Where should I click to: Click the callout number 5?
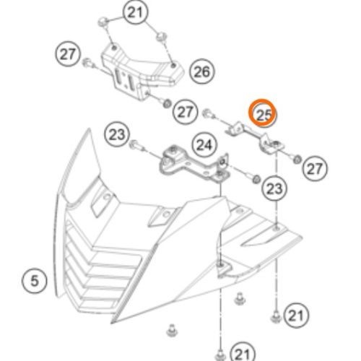point(34,281)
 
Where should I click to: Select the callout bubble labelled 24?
point(204,145)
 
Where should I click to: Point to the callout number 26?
point(201,71)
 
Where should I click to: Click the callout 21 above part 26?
point(135,12)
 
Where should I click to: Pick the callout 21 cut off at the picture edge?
point(243,353)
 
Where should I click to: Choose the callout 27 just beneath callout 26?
point(186,112)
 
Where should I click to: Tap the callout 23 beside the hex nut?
point(274,188)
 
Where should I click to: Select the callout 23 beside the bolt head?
point(117,134)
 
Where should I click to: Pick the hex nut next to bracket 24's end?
point(256,179)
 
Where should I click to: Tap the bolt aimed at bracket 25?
point(209,114)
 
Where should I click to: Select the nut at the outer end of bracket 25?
point(297,159)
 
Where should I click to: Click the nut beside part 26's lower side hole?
point(166,104)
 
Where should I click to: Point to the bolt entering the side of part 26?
point(89,64)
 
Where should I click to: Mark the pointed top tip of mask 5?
point(90,129)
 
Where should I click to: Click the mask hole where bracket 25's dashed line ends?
point(277,227)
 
